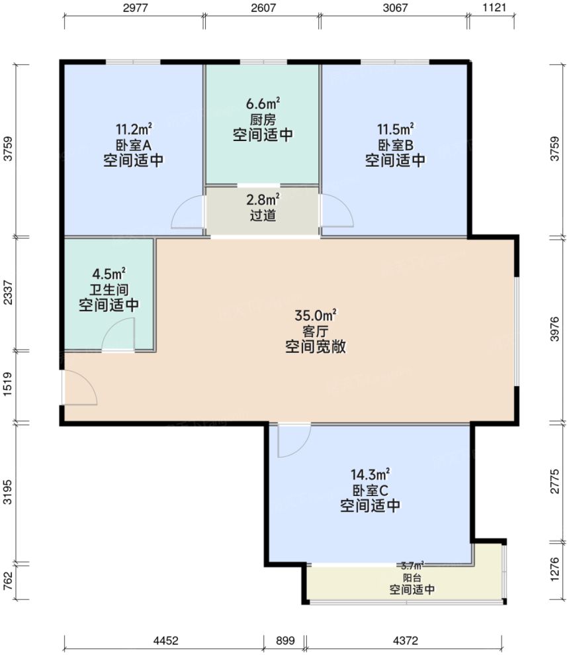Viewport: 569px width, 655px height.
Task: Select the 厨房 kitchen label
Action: point(263,120)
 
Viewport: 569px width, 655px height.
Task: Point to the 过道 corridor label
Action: point(263,216)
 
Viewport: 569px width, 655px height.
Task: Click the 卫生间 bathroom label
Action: point(109,289)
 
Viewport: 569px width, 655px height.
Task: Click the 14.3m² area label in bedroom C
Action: point(371,474)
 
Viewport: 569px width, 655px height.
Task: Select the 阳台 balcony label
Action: point(412,578)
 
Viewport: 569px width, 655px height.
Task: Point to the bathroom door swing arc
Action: point(119,333)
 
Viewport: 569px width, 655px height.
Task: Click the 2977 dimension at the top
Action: point(134,8)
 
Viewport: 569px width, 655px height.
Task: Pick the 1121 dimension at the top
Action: point(494,8)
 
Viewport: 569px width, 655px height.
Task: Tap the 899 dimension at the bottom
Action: point(284,640)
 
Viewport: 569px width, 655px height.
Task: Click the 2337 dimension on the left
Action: point(8,293)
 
